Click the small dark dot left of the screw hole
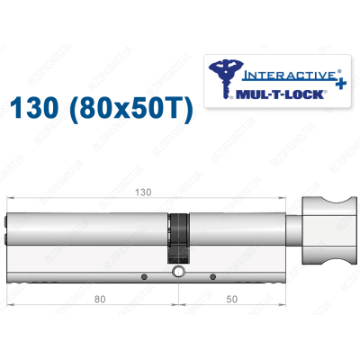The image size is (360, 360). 144,274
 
